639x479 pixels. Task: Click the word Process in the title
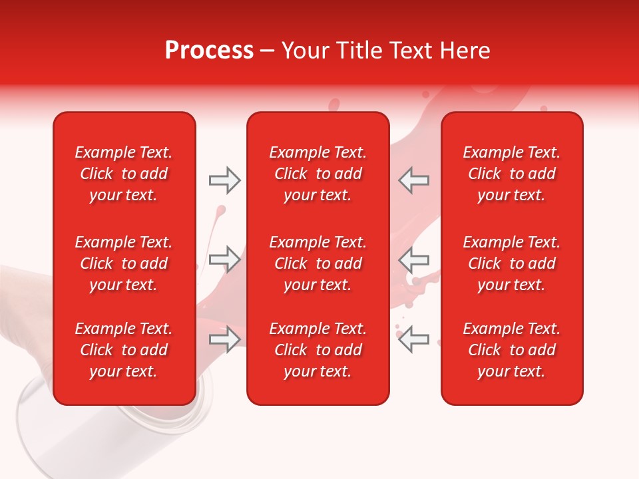[x=209, y=51]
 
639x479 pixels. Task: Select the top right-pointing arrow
[x=225, y=180]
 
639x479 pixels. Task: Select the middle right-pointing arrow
[x=225, y=259]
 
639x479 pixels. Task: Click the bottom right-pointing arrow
[x=225, y=339]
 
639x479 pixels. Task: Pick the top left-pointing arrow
[x=413, y=180]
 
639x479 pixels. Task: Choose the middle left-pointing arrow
[x=413, y=259]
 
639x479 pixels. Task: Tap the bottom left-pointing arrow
[x=413, y=339]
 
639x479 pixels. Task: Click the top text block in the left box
[x=124, y=174]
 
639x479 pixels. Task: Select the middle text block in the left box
[x=124, y=263]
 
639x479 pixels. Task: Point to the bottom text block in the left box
[x=124, y=350]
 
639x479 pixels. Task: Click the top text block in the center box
[x=318, y=174]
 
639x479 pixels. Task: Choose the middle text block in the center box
[x=318, y=263]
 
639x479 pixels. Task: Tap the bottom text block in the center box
[x=318, y=350]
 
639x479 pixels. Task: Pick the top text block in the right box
[x=512, y=174]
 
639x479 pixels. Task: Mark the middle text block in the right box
[x=512, y=263]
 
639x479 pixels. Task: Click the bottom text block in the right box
[x=512, y=350]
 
